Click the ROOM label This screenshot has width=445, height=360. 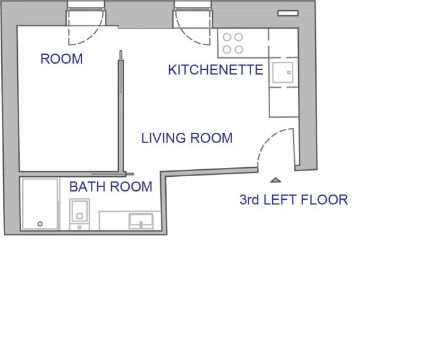click(x=62, y=59)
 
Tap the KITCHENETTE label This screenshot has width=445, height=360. click(x=216, y=70)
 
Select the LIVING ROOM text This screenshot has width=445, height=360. click(x=187, y=138)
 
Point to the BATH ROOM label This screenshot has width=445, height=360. click(x=111, y=186)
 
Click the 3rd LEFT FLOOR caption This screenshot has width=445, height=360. click(x=294, y=200)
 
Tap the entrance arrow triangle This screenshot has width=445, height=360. click(x=275, y=180)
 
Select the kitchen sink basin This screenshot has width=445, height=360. click(x=282, y=73)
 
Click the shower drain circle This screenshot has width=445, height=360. click(x=40, y=224)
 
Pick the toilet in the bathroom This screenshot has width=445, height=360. click(x=79, y=214)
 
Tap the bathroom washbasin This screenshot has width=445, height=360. click(x=141, y=221)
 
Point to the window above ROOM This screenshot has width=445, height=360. click(x=86, y=5)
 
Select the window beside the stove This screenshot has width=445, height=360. click(x=193, y=5)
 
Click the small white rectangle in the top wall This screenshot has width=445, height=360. click(x=288, y=13)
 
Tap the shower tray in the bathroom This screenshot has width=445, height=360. click(x=40, y=204)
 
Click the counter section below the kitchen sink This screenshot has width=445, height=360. click(x=284, y=102)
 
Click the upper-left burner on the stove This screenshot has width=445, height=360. click(x=227, y=37)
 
